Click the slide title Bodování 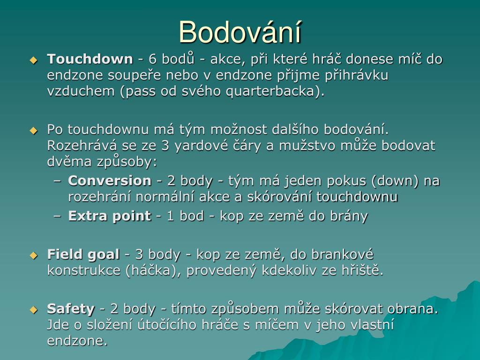240,32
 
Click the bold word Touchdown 90,59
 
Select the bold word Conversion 110,180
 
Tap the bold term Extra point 110,216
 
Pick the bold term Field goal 83,255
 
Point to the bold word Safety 71,309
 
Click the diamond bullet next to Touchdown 33,60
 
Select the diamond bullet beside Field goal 33,255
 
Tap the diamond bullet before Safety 33,309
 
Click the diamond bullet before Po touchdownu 33,130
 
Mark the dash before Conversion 57,181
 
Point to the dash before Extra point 57,216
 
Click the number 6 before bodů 152,59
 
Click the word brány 349,216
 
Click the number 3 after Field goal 139,255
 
